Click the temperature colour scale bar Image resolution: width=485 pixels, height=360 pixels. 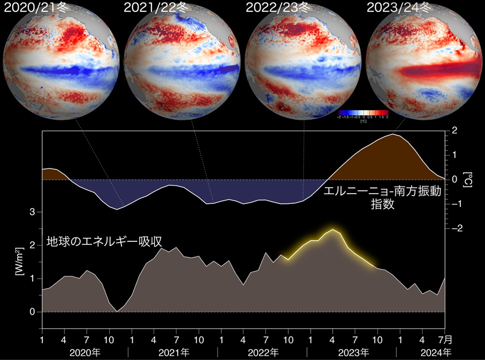[363, 112]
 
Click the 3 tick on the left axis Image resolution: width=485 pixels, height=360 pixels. [33, 212]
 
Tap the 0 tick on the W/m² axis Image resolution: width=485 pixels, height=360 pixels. [33, 312]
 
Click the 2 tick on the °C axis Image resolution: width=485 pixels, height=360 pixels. [454, 130]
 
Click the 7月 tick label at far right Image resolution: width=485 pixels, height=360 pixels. [445, 340]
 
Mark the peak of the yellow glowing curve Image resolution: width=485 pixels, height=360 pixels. [333, 230]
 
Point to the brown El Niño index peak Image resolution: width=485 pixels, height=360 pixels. [394, 135]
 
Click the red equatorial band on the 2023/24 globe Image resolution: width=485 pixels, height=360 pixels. [428, 70]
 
